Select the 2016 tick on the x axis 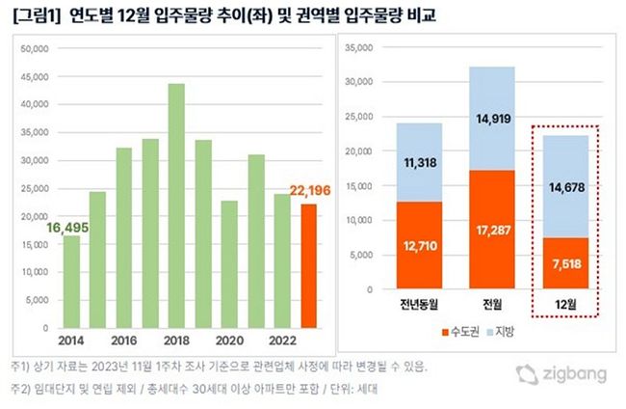pyautogui.click(x=123, y=341)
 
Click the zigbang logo pyautogui.click(x=557, y=374)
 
